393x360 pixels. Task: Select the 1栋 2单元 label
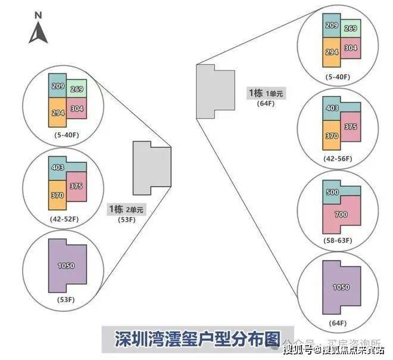point(126,210)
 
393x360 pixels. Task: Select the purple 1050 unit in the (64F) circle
point(341,287)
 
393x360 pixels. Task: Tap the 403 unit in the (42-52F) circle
point(58,168)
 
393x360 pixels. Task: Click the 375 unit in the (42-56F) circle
point(350,126)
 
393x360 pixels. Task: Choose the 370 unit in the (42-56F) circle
point(331,136)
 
